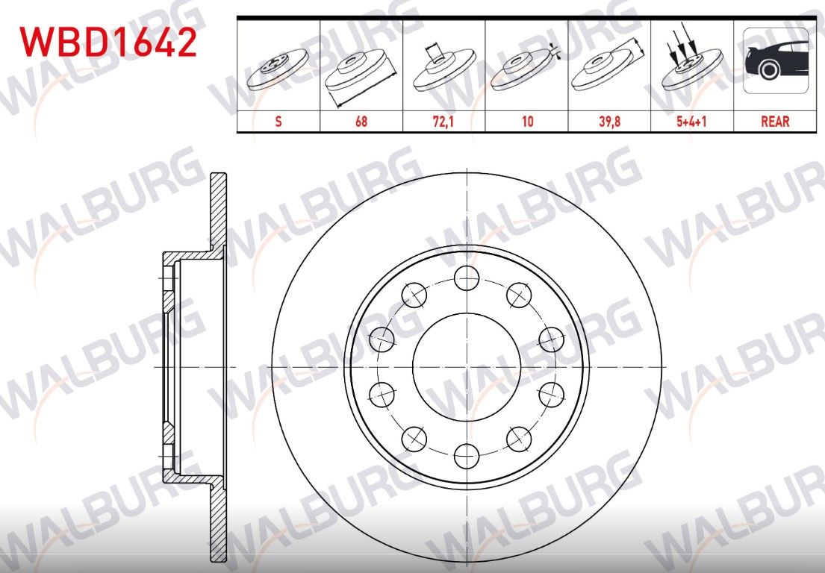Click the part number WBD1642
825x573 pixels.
tap(108, 43)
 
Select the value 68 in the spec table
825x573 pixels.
tap(361, 122)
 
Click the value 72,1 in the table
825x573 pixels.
tap(443, 122)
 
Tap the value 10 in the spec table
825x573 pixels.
tap(527, 122)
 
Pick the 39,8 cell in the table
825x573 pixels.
tap(609, 122)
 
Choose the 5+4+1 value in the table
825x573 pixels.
tap(692, 122)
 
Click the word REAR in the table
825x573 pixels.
tap(775, 122)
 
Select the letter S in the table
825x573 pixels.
tap(278, 122)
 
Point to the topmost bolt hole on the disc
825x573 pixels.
tap(467, 279)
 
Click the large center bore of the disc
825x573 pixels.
tap(467, 366)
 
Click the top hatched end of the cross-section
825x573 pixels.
tap(218, 209)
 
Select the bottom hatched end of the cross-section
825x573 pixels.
tap(218, 522)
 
